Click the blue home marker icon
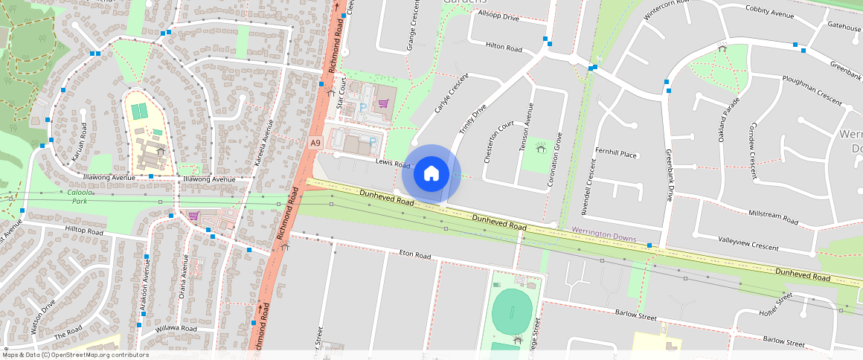tap(431, 174)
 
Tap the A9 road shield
tap(315, 142)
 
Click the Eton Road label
tap(415, 255)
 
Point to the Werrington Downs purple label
tap(603, 234)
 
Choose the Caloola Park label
tap(78, 196)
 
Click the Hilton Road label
tap(504, 47)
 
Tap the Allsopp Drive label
tap(498, 16)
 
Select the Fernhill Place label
tap(616, 154)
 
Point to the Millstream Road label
tap(773, 218)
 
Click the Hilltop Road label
tap(84, 231)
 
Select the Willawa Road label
tap(176, 328)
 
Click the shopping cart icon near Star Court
tap(384, 103)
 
